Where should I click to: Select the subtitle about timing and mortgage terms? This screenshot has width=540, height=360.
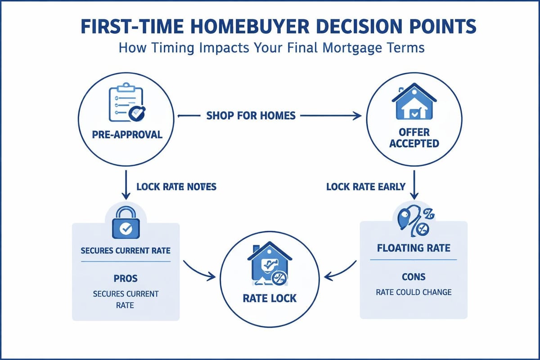pos(271,48)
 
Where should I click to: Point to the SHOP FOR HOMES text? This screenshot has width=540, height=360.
pos(251,116)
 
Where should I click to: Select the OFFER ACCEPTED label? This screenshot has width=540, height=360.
pos(414,138)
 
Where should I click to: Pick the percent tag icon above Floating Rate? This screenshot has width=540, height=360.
pos(414,220)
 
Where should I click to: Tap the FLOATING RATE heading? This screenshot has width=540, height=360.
pos(414,248)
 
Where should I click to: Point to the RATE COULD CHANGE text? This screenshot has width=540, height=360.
pos(414,292)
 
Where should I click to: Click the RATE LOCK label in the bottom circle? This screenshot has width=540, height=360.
pos(270,298)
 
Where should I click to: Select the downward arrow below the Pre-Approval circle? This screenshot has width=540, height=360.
pos(126,187)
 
